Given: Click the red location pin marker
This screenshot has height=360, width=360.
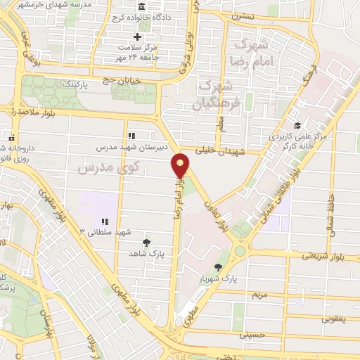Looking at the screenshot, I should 181,166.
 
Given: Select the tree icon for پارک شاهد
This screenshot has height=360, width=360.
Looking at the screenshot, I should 146,243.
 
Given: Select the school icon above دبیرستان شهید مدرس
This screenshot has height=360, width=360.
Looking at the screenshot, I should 131,136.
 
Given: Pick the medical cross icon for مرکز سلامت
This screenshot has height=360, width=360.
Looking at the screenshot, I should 137,37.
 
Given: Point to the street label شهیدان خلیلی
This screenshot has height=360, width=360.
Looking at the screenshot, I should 218,150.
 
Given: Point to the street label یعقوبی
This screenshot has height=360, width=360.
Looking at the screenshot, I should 335,319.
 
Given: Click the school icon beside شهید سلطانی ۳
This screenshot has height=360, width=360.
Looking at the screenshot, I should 105,222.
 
